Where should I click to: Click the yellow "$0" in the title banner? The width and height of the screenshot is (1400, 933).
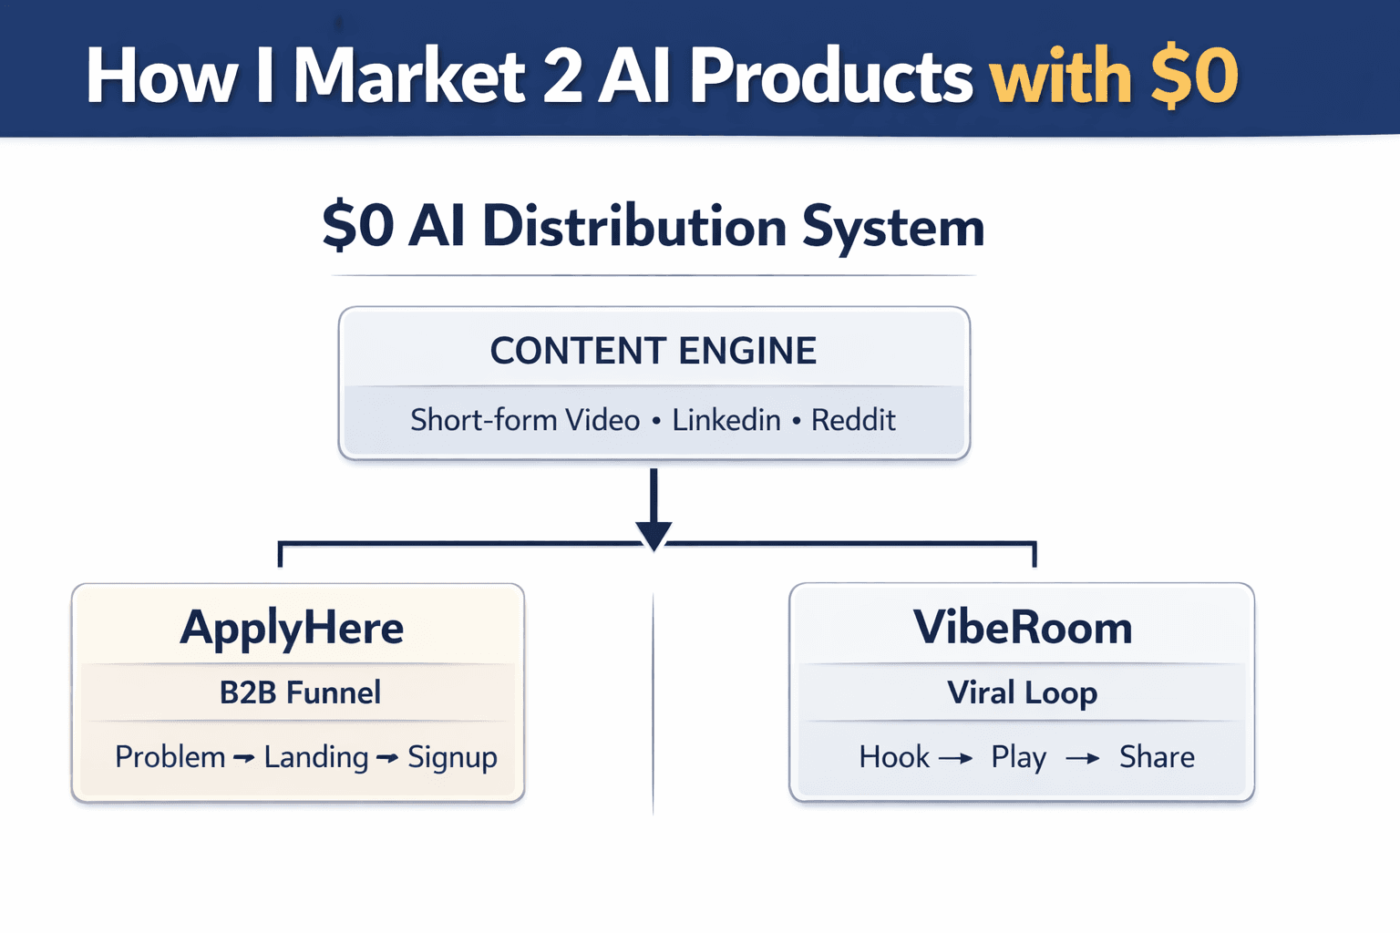pos(1194,77)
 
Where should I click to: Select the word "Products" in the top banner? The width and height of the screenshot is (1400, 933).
pos(831,77)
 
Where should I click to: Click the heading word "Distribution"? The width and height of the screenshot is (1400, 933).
pos(633,226)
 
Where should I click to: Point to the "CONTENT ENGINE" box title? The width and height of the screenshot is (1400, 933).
pos(654,351)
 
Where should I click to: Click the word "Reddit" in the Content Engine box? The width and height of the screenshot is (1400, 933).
pos(853,420)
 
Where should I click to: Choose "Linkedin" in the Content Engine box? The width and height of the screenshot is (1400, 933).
pos(726,420)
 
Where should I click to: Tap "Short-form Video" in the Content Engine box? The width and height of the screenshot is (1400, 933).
pos(525,420)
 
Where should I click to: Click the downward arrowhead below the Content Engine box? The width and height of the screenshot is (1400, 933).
pos(654,535)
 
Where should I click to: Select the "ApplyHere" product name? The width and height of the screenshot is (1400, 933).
pos(292,628)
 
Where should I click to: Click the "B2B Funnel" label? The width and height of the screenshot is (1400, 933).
pos(300,692)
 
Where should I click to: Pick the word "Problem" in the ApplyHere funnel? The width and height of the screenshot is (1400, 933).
pos(170,757)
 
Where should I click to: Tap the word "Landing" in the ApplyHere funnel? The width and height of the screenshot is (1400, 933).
pos(316,757)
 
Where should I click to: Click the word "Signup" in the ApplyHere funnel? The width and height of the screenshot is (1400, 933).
pos(452,757)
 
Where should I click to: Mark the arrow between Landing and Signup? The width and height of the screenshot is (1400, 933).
pos(387,758)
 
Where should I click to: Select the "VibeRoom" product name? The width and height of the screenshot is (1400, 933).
pos(1023,628)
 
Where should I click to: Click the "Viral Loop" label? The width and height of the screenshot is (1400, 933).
pos(1022,692)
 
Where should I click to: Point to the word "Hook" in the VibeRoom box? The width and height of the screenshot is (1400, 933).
pos(894,757)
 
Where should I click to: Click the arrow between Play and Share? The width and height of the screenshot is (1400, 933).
pos(1083,758)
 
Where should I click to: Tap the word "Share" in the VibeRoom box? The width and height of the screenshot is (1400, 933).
pos(1157,757)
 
